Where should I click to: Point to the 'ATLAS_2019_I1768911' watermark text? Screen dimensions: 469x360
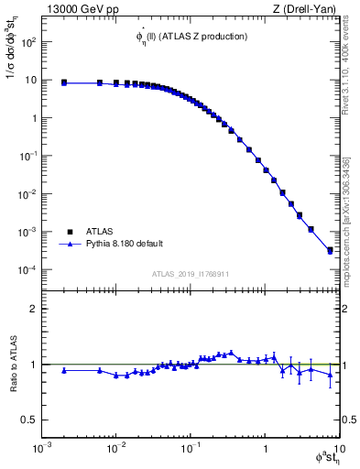coord(191,273)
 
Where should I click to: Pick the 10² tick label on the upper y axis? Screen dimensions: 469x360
coord(27,42)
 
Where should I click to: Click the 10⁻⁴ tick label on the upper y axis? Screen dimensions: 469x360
coord(27,270)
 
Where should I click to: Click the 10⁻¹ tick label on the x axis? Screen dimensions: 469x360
coord(191,450)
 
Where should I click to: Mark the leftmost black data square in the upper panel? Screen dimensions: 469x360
coord(64,82)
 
